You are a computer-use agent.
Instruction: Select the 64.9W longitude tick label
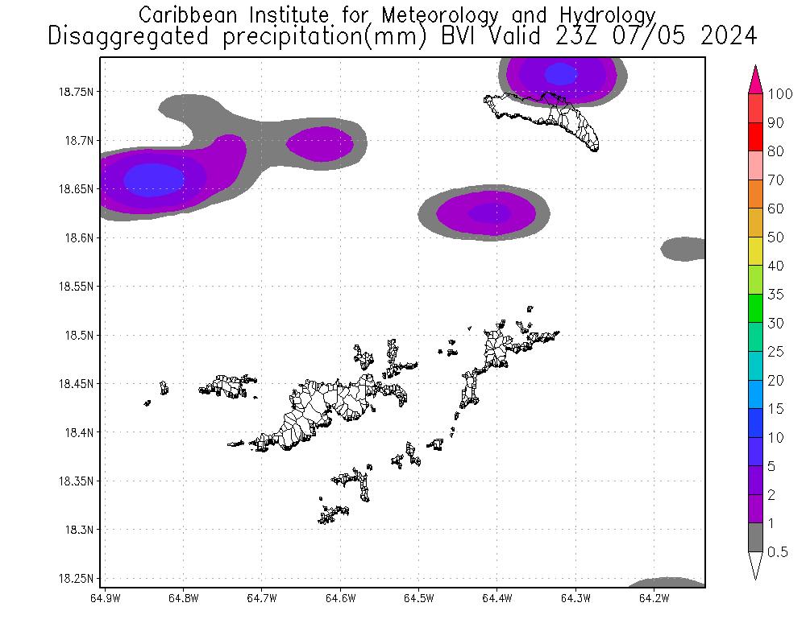tap(105, 598)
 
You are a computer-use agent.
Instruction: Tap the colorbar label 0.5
tap(777, 551)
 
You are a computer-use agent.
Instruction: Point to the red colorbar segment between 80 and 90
tap(756, 136)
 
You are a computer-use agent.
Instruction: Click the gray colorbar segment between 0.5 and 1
tap(756, 537)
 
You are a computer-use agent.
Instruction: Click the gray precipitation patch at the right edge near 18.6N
tap(685, 248)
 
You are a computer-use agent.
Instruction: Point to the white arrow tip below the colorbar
tap(756, 567)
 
